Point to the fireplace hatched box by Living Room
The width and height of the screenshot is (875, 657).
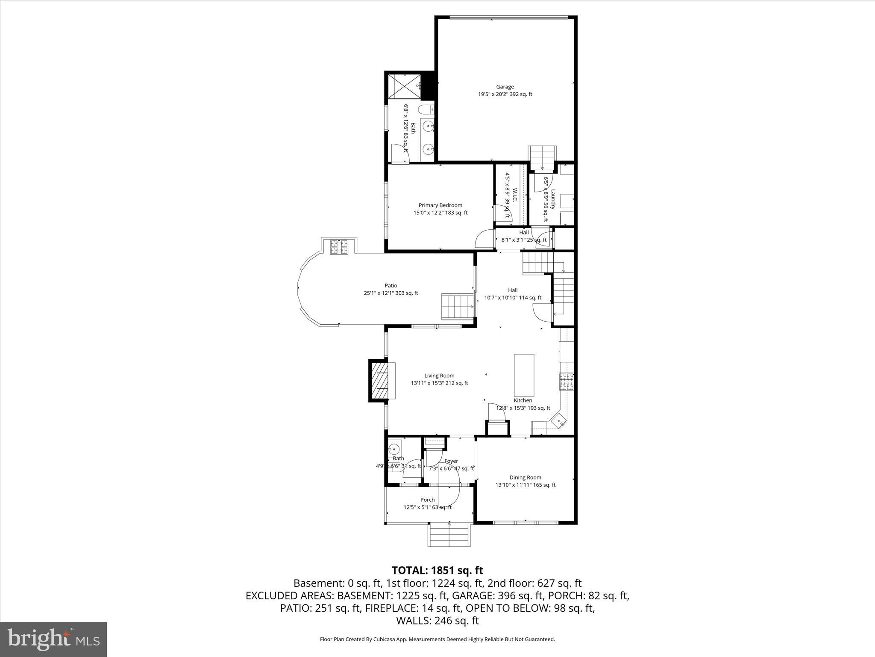379,380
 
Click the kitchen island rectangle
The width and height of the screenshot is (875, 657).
524,375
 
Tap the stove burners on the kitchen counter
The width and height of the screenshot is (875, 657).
567,382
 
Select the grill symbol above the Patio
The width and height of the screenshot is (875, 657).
339,247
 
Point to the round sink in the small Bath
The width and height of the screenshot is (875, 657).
394,449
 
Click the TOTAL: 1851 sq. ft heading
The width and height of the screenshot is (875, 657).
437,570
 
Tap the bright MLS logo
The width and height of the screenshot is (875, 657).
53,639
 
